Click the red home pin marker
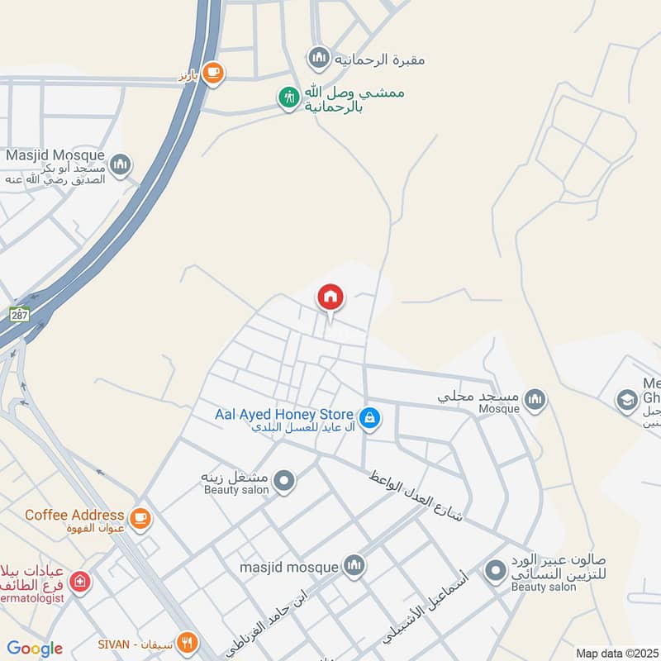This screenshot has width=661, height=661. [x=330, y=297]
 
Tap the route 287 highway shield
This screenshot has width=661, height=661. [x=20, y=314]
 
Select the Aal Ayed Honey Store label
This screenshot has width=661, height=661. [x=283, y=414]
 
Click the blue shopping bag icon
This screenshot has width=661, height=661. [x=370, y=419]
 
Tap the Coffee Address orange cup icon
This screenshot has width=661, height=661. [x=140, y=517]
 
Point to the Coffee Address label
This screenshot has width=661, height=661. [x=74, y=515]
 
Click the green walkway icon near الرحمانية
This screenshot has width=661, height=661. [x=288, y=98]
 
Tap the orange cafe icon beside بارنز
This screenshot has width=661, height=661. [x=213, y=73]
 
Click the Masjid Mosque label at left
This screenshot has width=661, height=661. [x=55, y=155]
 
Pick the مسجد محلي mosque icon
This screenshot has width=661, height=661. [x=535, y=401]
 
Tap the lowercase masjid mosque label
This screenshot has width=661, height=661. [x=288, y=568]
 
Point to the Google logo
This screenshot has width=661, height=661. [x=35, y=649]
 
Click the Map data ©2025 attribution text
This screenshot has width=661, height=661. [x=616, y=653]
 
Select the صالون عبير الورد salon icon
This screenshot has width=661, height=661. [x=496, y=570]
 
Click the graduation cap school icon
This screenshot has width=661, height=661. [x=627, y=401]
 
